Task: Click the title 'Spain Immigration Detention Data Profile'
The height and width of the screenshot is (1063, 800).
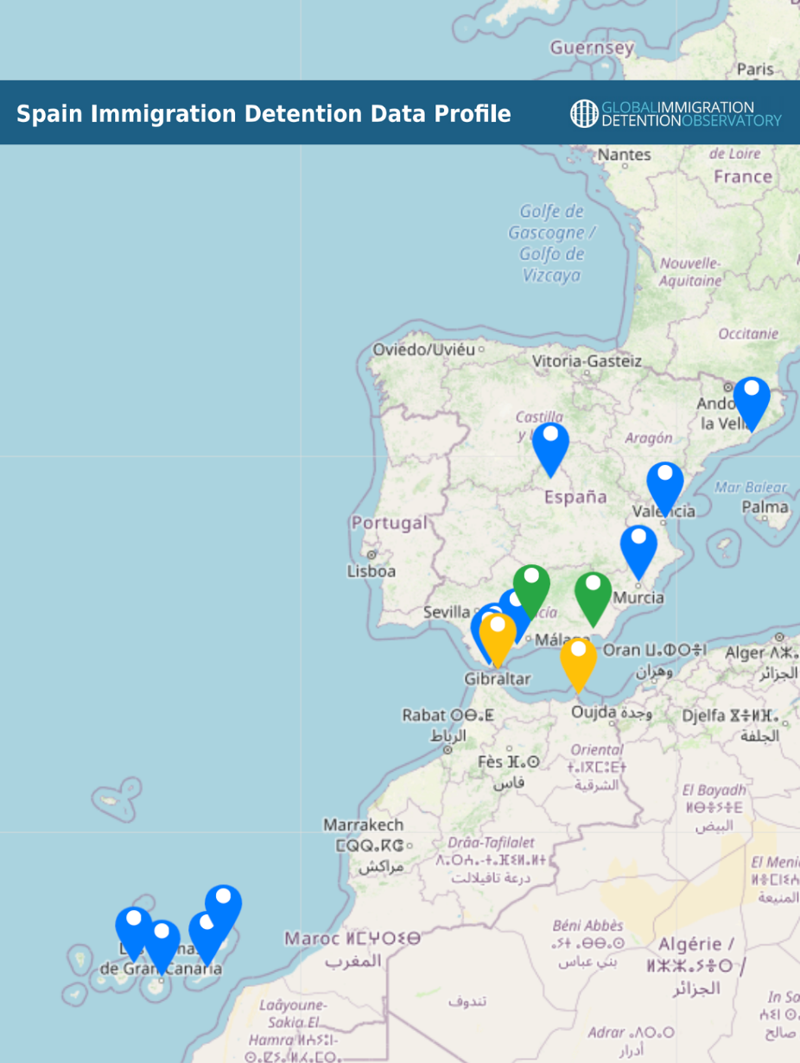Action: pos(263,114)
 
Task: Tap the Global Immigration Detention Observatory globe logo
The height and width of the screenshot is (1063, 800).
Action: pos(584,113)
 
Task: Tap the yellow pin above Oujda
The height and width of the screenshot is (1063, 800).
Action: pos(578,661)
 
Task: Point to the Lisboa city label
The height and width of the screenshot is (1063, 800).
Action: pos(371,571)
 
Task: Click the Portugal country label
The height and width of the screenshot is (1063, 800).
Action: pos(389,524)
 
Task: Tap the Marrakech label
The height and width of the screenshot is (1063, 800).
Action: pos(363,825)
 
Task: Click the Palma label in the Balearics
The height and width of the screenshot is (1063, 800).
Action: pos(765,507)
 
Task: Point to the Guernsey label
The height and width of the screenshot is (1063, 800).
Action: pos(592,48)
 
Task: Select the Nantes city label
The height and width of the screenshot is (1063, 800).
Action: pos(624,155)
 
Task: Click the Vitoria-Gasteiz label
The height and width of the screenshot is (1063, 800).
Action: pos(587,360)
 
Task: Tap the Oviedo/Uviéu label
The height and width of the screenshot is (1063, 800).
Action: pos(423,350)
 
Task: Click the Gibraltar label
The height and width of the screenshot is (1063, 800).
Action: pos(497,679)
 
